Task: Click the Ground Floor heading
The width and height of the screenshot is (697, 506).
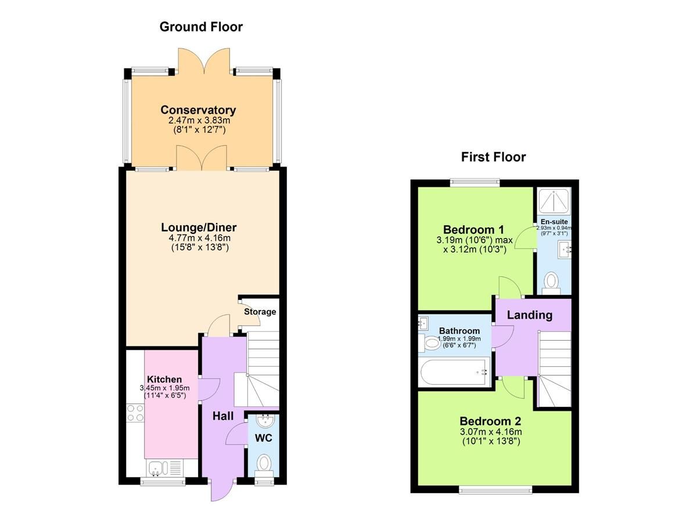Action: click(201, 27)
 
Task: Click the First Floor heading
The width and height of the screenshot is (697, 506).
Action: click(493, 157)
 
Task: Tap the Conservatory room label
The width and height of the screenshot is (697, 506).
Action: click(198, 110)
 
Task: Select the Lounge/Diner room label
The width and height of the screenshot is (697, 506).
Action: click(199, 227)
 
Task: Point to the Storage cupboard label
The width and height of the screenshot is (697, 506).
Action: click(260, 312)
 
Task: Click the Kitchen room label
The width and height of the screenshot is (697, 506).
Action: click(164, 379)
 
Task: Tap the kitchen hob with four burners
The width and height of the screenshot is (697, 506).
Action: click(135, 413)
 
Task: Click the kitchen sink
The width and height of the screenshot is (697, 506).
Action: click(157, 467)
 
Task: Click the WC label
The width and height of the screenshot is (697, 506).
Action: click(264, 438)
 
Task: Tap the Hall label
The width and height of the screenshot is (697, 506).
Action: click(222, 416)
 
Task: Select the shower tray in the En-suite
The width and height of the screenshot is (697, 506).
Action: click(554, 201)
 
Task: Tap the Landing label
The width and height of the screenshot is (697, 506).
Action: click(529, 315)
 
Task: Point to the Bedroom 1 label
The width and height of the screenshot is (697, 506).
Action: click(473, 229)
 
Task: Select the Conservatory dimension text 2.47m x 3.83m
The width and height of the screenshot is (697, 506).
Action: click(198, 121)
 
